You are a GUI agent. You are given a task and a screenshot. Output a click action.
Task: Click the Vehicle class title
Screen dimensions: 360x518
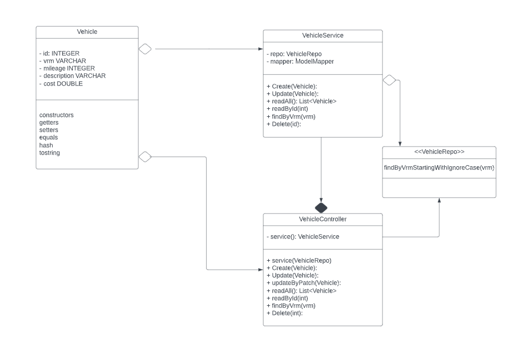point(87,32)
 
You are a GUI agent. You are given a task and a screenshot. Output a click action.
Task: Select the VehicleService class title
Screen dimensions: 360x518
point(322,36)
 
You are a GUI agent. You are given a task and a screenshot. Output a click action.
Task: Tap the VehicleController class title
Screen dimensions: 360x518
point(322,219)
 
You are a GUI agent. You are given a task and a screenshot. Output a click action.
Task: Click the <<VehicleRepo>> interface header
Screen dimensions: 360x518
point(439,152)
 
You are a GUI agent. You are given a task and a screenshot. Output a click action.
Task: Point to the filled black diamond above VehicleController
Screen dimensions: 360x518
point(321,208)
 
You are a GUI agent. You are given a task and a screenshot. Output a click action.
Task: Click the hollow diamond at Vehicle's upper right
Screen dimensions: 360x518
point(145,49)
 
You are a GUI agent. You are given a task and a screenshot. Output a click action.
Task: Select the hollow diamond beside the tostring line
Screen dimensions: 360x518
point(145,157)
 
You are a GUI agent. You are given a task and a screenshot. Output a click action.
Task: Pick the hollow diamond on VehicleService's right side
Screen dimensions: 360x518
point(389,80)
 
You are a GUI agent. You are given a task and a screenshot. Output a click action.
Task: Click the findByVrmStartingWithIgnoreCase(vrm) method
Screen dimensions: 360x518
point(439,168)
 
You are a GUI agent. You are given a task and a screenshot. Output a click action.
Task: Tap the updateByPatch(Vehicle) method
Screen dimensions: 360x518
point(303,283)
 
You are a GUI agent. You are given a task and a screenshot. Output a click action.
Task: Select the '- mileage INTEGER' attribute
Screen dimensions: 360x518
point(67,68)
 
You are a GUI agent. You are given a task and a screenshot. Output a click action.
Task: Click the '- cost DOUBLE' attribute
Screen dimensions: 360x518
point(61,83)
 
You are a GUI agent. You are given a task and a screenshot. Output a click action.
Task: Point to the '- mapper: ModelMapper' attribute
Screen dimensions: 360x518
point(300,62)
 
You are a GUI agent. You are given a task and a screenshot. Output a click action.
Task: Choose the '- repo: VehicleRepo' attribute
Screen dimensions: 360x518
point(294,54)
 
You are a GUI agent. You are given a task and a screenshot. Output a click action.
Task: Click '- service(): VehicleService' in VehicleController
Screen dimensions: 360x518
point(303,237)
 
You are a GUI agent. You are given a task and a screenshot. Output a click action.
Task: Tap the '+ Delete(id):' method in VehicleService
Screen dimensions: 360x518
point(284,124)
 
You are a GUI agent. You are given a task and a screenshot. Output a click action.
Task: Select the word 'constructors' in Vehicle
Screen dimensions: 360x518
point(56,115)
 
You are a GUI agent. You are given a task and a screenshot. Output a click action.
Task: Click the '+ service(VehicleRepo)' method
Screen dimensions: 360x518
point(299,260)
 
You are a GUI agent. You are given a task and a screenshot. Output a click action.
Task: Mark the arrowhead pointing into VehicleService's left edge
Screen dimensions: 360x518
point(261,49)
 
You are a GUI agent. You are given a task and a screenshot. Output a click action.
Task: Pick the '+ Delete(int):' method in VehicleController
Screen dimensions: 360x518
point(284,313)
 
